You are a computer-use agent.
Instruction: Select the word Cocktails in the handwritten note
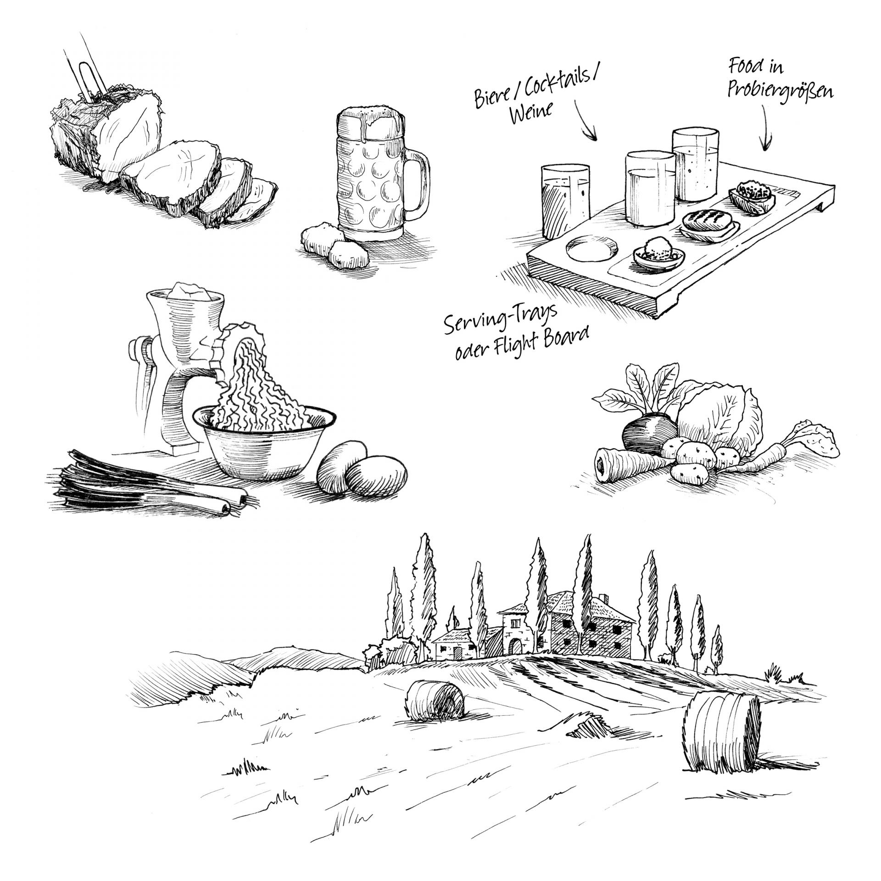(563, 85)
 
